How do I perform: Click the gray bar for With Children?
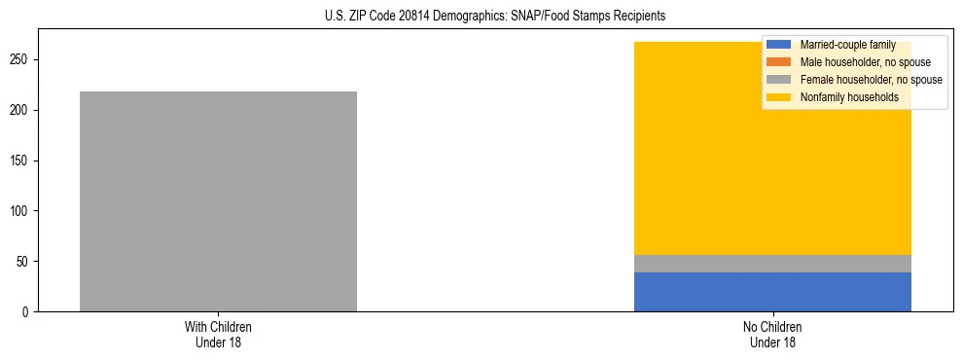click(218, 201)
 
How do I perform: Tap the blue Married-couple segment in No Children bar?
click(772, 292)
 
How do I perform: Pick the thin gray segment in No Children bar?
click(772, 264)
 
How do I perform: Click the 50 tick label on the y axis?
click(26, 262)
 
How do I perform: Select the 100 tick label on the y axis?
click(23, 211)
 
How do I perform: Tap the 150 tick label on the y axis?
click(23, 161)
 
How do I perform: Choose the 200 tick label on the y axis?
click(23, 110)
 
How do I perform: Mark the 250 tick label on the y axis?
click(23, 59)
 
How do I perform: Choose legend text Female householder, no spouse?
click(871, 80)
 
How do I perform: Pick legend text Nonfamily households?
click(848, 97)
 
